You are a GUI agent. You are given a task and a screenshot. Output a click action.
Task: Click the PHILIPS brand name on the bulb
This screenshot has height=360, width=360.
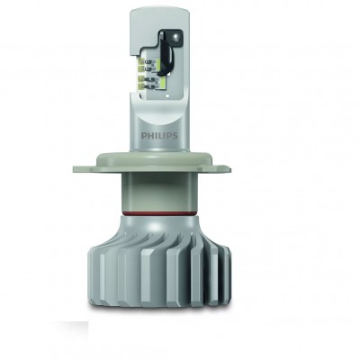[x=159, y=136]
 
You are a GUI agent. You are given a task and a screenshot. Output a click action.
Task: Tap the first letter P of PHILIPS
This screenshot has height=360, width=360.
[x=143, y=136]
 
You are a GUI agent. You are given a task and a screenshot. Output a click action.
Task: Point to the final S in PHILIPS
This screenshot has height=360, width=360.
[x=175, y=136]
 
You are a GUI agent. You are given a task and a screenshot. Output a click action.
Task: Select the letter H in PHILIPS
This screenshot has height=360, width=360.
[x=149, y=136]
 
